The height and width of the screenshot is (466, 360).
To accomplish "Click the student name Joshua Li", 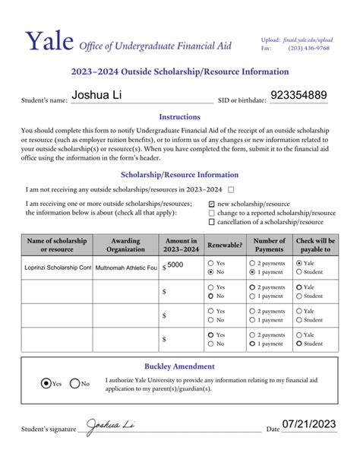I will point(96,96).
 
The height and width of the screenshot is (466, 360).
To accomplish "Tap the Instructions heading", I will point(179,117).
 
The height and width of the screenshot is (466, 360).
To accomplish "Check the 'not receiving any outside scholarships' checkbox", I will point(232,189).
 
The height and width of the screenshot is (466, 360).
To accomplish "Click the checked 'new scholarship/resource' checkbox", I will point(211,204).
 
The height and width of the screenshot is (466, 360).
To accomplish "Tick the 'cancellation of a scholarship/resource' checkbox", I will point(211,222).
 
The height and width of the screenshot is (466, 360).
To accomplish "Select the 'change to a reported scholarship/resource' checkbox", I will point(211,213).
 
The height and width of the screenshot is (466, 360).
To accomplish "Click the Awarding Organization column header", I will point(125,245).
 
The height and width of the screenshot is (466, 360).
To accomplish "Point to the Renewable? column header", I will point(225,245).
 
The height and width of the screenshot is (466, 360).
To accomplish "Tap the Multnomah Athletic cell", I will point(125,268).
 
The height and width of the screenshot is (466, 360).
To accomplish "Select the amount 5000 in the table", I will point(175,265).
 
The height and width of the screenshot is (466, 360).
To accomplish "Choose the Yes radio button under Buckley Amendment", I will point(47,384).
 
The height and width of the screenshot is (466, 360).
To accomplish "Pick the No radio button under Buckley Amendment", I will point(75,384).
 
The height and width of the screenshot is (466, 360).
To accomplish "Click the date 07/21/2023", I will point(308,425).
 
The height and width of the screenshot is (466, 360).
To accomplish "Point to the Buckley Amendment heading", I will point(179,366).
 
